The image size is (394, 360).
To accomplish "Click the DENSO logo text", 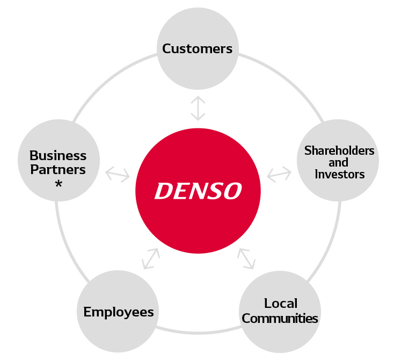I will click(x=198, y=190).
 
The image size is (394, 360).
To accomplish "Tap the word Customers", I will click(x=197, y=49).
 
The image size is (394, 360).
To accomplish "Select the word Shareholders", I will click(x=339, y=150).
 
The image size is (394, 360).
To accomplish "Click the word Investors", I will click(x=339, y=174).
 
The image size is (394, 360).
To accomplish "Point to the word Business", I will click(x=58, y=156).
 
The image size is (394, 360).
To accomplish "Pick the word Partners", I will click(x=58, y=169).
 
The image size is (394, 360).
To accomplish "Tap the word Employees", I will click(x=119, y=312).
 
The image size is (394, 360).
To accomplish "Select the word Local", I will click(x=281, y=304).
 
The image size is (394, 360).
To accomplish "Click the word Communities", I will click(x=280, y=318).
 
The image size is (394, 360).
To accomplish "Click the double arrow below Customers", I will click(x=198, y=108).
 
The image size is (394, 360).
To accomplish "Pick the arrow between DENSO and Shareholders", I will click(x=279, y=174).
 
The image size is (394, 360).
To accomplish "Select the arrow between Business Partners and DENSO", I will click(x=118, y=175).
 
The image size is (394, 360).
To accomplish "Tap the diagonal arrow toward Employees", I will click(x=151, y=258).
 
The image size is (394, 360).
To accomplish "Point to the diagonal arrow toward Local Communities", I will click(x=246, y=258).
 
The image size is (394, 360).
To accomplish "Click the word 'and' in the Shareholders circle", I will click(x=339, y=162).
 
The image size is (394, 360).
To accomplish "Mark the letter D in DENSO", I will click(x=162, y=190).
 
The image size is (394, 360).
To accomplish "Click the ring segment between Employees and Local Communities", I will click(x=198, y=330).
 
